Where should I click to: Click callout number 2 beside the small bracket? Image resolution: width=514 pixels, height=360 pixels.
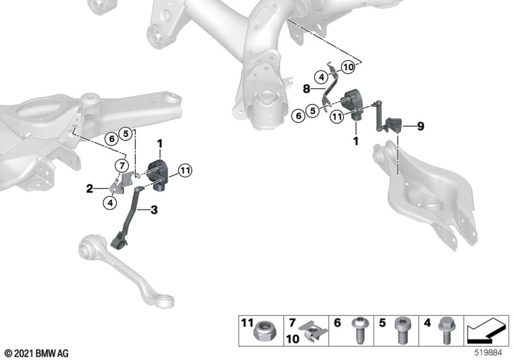[89, 189]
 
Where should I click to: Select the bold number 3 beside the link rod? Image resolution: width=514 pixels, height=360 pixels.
[154, 210]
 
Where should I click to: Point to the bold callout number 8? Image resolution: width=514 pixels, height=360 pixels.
[306, 89]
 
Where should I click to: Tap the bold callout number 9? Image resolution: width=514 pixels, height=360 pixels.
[420, 126]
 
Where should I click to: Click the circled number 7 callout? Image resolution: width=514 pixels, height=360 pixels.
[122, 166]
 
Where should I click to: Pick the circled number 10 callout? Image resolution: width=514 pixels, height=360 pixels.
[348, 67]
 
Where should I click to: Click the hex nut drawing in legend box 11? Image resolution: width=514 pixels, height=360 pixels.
[263, 331]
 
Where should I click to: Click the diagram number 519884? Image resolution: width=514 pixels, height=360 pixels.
[488, 353]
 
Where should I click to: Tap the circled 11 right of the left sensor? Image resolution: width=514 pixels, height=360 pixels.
[185, 170]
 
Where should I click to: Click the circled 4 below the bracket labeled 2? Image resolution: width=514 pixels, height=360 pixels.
[110, 203]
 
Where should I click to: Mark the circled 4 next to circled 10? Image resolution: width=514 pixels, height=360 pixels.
[321, 77]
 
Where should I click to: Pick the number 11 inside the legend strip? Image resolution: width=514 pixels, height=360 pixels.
[247, 323]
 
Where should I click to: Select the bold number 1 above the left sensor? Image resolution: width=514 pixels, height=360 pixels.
[159, 144]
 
